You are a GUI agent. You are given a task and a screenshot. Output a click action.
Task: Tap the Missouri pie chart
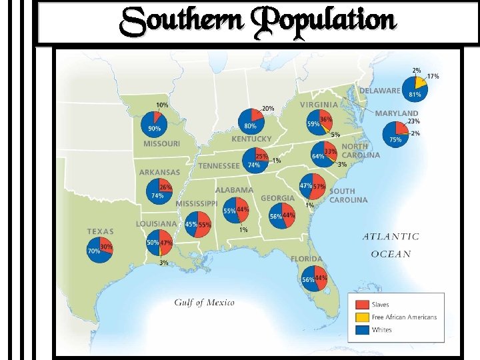(154, 124)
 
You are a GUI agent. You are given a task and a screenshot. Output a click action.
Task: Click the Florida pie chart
(314, 279)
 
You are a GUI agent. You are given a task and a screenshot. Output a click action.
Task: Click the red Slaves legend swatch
(362, 305)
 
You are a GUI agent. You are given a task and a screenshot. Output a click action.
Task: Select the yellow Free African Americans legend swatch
(362, 317)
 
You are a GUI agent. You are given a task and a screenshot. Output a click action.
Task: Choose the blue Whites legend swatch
(362, 330)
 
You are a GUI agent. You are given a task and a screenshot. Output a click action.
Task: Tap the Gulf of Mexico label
(205, 303)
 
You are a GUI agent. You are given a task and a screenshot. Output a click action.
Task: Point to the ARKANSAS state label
(159, 173)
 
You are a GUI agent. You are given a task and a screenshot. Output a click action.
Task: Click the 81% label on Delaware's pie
(415, 95)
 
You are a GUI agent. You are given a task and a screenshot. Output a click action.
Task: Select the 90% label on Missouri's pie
(153, 128)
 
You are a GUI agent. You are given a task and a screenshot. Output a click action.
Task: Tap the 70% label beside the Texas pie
(93, 251)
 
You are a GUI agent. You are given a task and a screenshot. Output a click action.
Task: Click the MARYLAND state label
(397, 113)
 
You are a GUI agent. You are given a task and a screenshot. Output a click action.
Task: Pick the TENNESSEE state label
(219, 166)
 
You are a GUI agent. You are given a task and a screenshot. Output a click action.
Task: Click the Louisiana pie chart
(160, 243)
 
